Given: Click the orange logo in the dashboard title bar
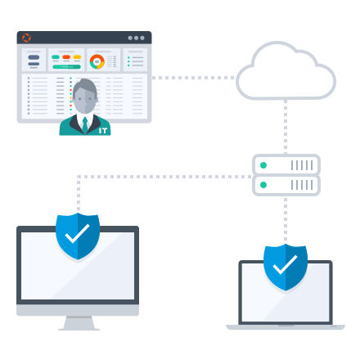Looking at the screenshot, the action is pos(26,38).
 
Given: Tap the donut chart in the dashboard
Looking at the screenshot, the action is pos(97,61).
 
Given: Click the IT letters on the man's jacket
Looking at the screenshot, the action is pos(103,131).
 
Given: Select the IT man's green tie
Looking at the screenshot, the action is pos(85,125).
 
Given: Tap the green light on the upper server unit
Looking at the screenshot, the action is pos(263,165).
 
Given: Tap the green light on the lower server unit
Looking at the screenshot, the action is pos(263,185).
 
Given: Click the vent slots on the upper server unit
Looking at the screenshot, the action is pos(302,165).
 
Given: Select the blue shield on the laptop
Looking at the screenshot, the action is pos(286,268).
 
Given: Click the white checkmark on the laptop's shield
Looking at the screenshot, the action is pos(285,264).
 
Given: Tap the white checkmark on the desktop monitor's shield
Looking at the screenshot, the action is pos(77,233).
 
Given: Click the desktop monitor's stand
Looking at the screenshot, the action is pos(79,323).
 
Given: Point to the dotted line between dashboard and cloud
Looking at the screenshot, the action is pos(193,78).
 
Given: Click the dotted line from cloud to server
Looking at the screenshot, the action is pos(286,127).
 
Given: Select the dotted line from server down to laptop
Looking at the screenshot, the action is pos(286,220).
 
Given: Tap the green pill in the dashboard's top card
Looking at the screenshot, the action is pos(56,57).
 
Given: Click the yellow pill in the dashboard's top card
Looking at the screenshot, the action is pos(77,57).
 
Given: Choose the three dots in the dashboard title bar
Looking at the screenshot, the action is pos(136,38).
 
